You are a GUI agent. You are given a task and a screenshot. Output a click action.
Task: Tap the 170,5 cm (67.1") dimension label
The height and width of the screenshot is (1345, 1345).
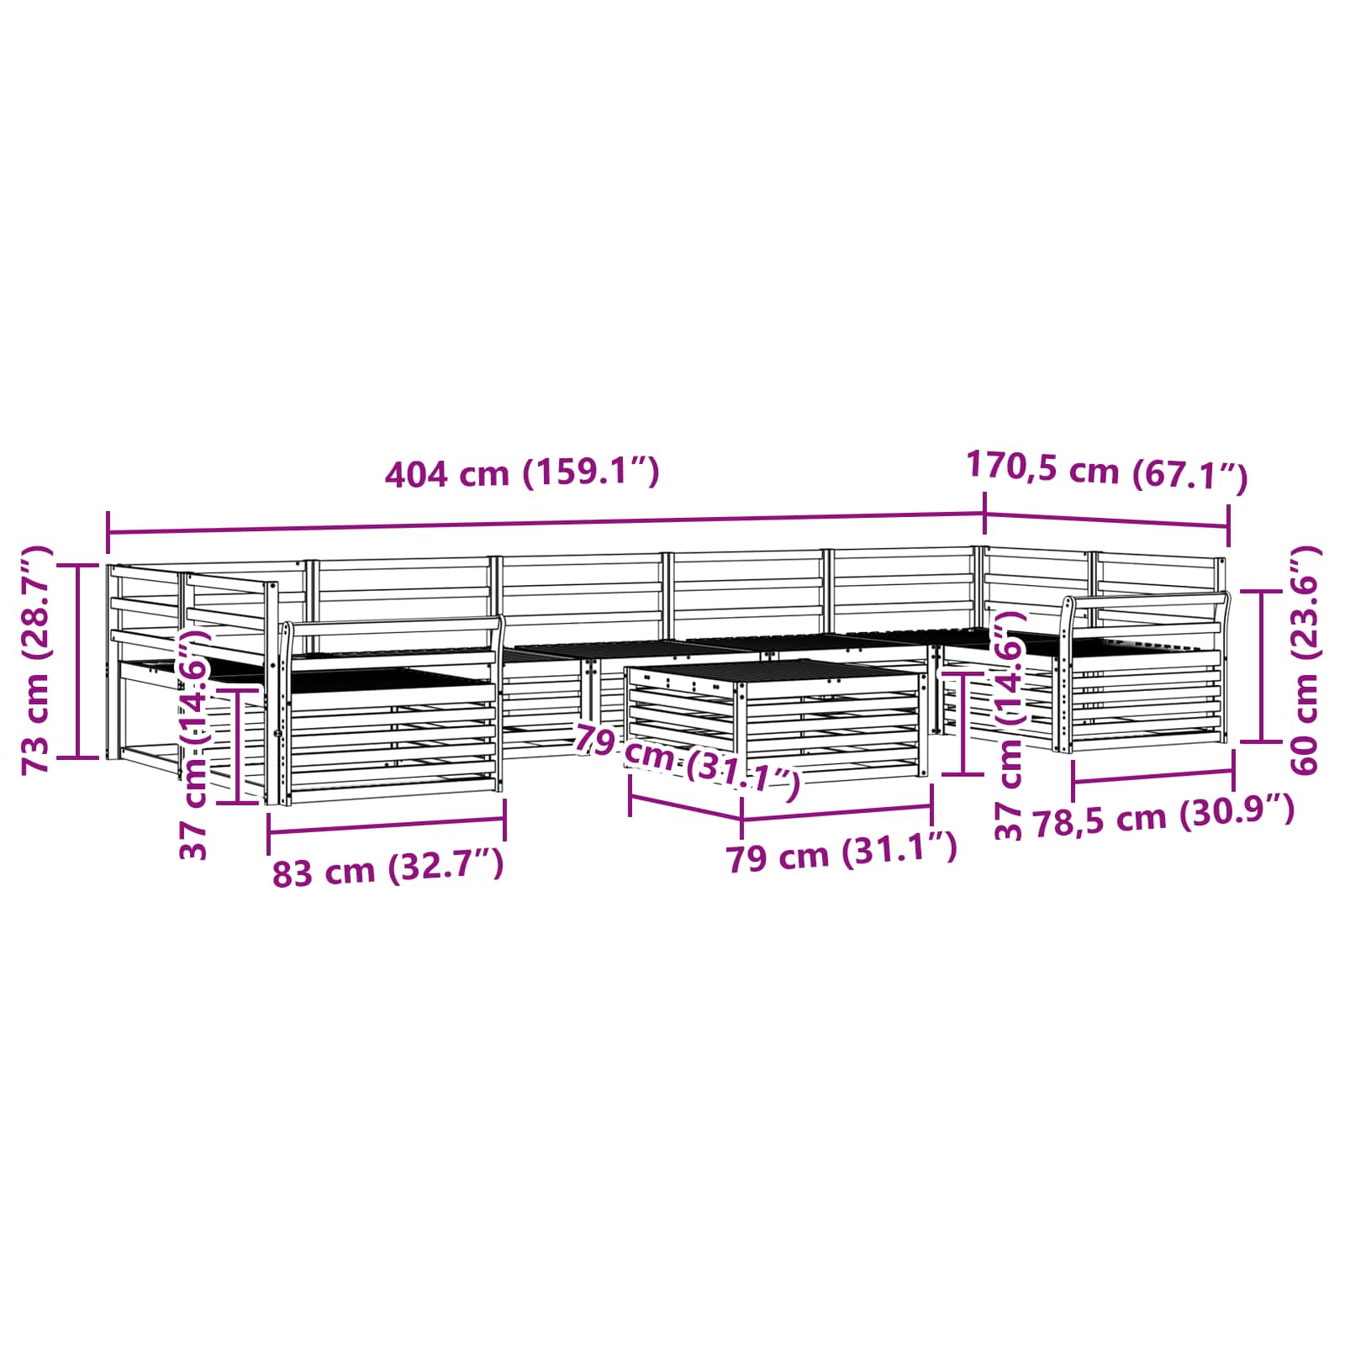pyautogui.click(x=1107, y=470)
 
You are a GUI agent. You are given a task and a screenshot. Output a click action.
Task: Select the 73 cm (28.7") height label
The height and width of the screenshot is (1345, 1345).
pyautogui.click(x=37, y=660)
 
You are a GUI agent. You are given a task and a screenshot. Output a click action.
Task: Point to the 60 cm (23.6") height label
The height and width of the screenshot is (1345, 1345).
pyautogui.click(x=1304, y=660)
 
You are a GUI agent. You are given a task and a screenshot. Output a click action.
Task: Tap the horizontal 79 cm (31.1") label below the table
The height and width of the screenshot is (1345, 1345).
pyautogui.click(x=841, y=852)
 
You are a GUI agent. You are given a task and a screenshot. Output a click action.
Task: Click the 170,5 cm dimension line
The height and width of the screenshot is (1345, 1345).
pyautogui.click(x=1106, y=520)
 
